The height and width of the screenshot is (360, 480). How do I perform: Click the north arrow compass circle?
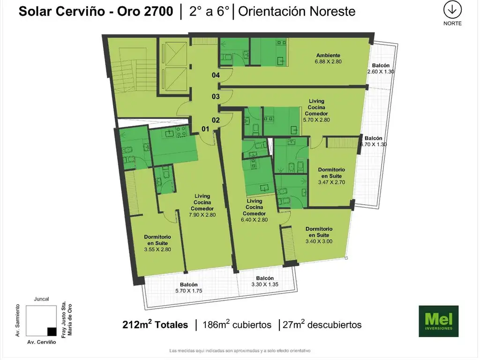click(452, 10)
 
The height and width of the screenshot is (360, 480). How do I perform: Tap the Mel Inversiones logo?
click(438, 321)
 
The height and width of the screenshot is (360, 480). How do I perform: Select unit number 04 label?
click(216, 75)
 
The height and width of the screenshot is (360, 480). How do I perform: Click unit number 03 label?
click(216, 97)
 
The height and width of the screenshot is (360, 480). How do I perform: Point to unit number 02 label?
click(216, 120)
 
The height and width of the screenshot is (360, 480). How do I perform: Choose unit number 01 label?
click(205, 129)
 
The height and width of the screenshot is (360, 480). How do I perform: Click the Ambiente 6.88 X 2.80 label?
click(328, 59)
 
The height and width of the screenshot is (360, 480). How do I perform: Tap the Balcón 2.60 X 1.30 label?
click(381, 68)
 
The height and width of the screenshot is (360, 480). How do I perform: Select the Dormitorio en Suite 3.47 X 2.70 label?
click(331, 176)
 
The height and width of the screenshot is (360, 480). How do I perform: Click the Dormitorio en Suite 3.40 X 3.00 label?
click(319, 235)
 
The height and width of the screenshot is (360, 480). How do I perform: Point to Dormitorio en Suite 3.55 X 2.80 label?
click(157, 243)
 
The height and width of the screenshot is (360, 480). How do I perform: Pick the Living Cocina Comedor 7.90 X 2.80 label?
click(202, 205)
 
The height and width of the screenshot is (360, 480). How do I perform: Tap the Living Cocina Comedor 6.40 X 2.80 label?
click(255, 210)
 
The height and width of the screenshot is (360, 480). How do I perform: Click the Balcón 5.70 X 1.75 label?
click(189, 288)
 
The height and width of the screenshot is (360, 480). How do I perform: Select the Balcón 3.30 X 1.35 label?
click(265, 281)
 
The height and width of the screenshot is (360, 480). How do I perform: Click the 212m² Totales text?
click(155, 324)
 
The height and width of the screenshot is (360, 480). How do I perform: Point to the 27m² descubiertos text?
click(322, 324)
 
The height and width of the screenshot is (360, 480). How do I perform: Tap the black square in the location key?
click(52, 331)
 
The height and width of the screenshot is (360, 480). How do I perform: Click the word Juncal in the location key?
click(41, 299)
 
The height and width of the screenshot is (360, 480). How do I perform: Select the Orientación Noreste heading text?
click(297, 11)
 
